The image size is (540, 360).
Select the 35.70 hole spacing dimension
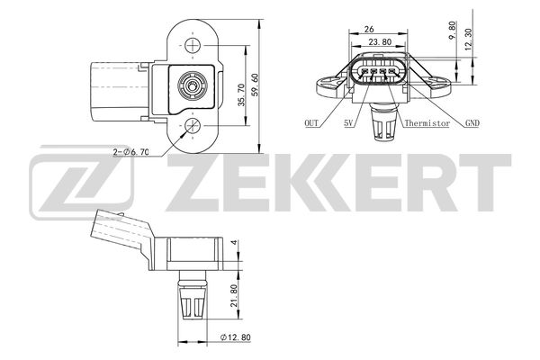[x=242, y=94]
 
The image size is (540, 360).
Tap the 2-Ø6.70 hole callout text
[x=130, y=151]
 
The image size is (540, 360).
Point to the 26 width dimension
[x=368, y=30]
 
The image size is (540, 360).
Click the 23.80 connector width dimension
[x=380, y=41]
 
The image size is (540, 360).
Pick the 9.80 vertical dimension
[x=452, y=31]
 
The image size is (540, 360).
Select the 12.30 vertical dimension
[x=468, y=40]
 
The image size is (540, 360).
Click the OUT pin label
[x=311, y=123]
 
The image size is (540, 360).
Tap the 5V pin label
[x=348, y=123]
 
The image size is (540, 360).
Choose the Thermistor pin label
[x=427, y=123]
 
